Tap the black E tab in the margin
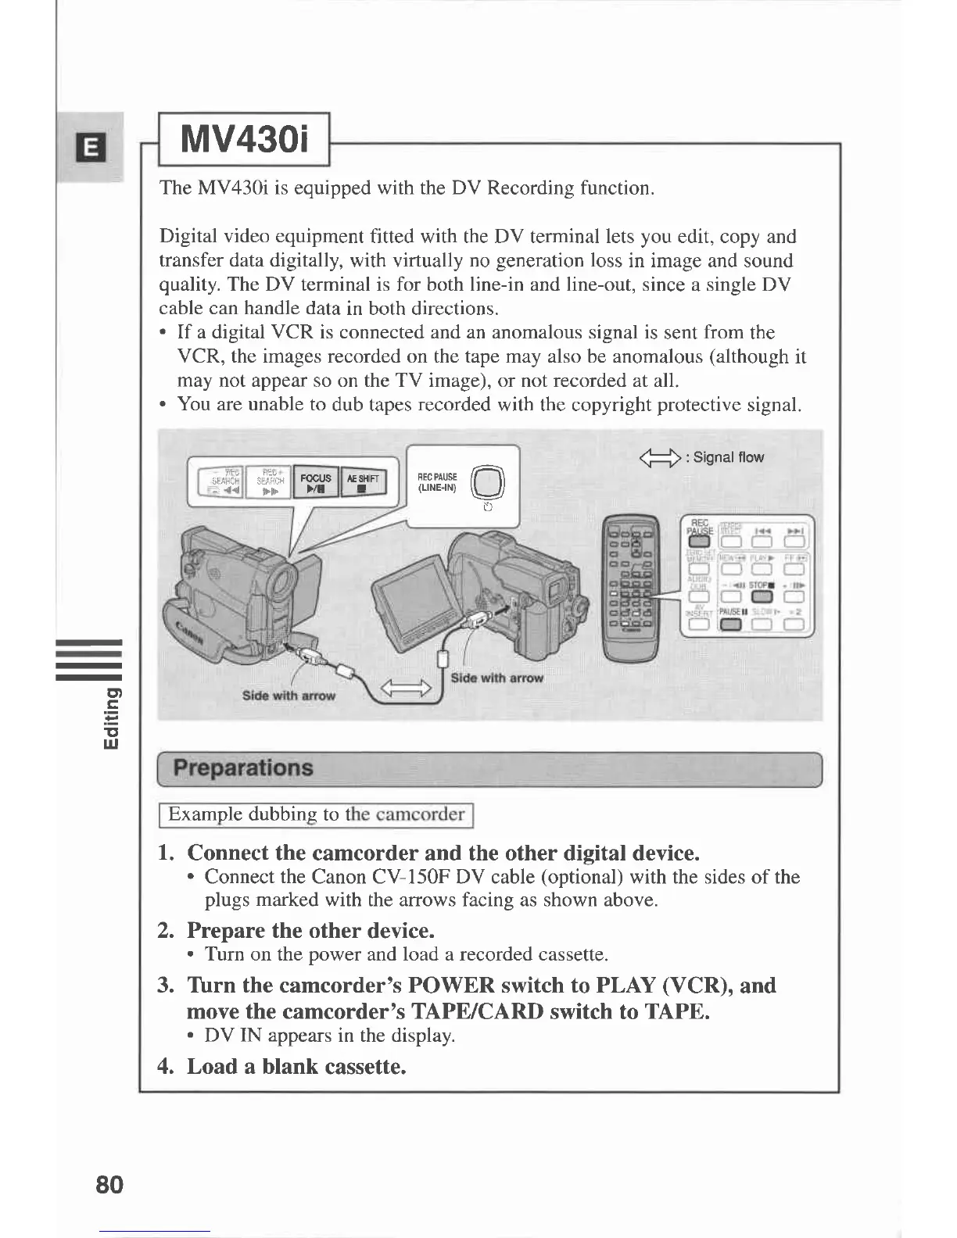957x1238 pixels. [91, 146]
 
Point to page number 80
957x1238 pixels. [109, 1184]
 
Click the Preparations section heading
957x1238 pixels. [242, 768]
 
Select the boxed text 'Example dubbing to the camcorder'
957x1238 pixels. [317, 814]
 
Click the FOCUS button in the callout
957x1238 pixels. [315, 482]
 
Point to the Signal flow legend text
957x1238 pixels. [723, 457]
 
